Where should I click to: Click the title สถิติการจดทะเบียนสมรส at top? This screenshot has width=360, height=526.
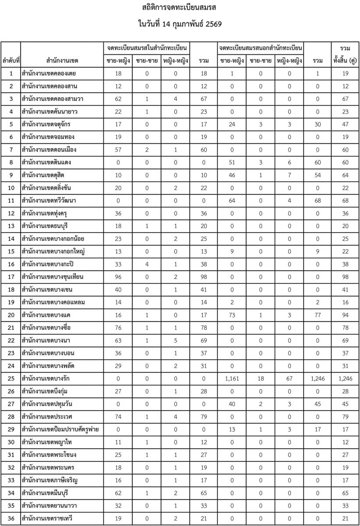coord(180,8)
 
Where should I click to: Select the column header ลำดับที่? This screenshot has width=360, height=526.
coord(11,60)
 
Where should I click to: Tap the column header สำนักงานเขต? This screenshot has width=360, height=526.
coord(61,60)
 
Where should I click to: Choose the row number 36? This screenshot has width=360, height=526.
coord(11,516)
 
